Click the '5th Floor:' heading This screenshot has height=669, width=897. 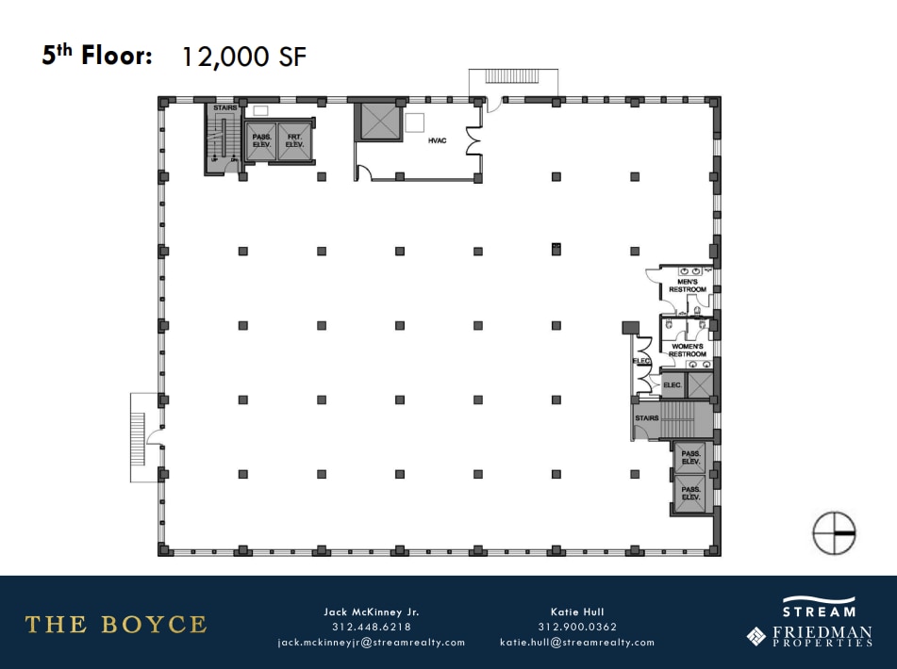pyautogui.click(x=97, y=56)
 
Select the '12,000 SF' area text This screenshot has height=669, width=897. pyautogui.click(x=243, y=57)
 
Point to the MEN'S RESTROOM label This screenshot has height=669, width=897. pyautogui.click(x=688, y=286)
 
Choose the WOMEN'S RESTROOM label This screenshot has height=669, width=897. pyautogui.click(x=688, y=351)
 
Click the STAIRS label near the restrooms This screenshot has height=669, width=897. pyautogui.click(x=647, y=417)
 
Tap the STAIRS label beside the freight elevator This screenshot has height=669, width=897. pyautogui.click(x=224, y=108)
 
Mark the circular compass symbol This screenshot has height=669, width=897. pyautogui.click(x=834, y=532)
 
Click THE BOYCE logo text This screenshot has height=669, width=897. pyautogui.click(x=115, y=624)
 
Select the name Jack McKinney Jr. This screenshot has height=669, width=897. pyautogui.click(x=371, y=612)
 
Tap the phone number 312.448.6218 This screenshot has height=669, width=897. pyautogui.click(x=371, y=627)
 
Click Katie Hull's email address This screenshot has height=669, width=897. pyautogui.click(x=576, y=643)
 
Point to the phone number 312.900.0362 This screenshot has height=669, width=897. pyautogui.click(x=576, y=627)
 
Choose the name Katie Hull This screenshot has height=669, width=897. pyautogui.click(x=576, y=612)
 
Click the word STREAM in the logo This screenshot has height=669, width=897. pyautogui.click(x=819, y=612)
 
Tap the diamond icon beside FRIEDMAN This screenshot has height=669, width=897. pyautogui.click(x=756, y=636)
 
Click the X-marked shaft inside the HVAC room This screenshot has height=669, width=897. pyautogui.click(x=377, y=122)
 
